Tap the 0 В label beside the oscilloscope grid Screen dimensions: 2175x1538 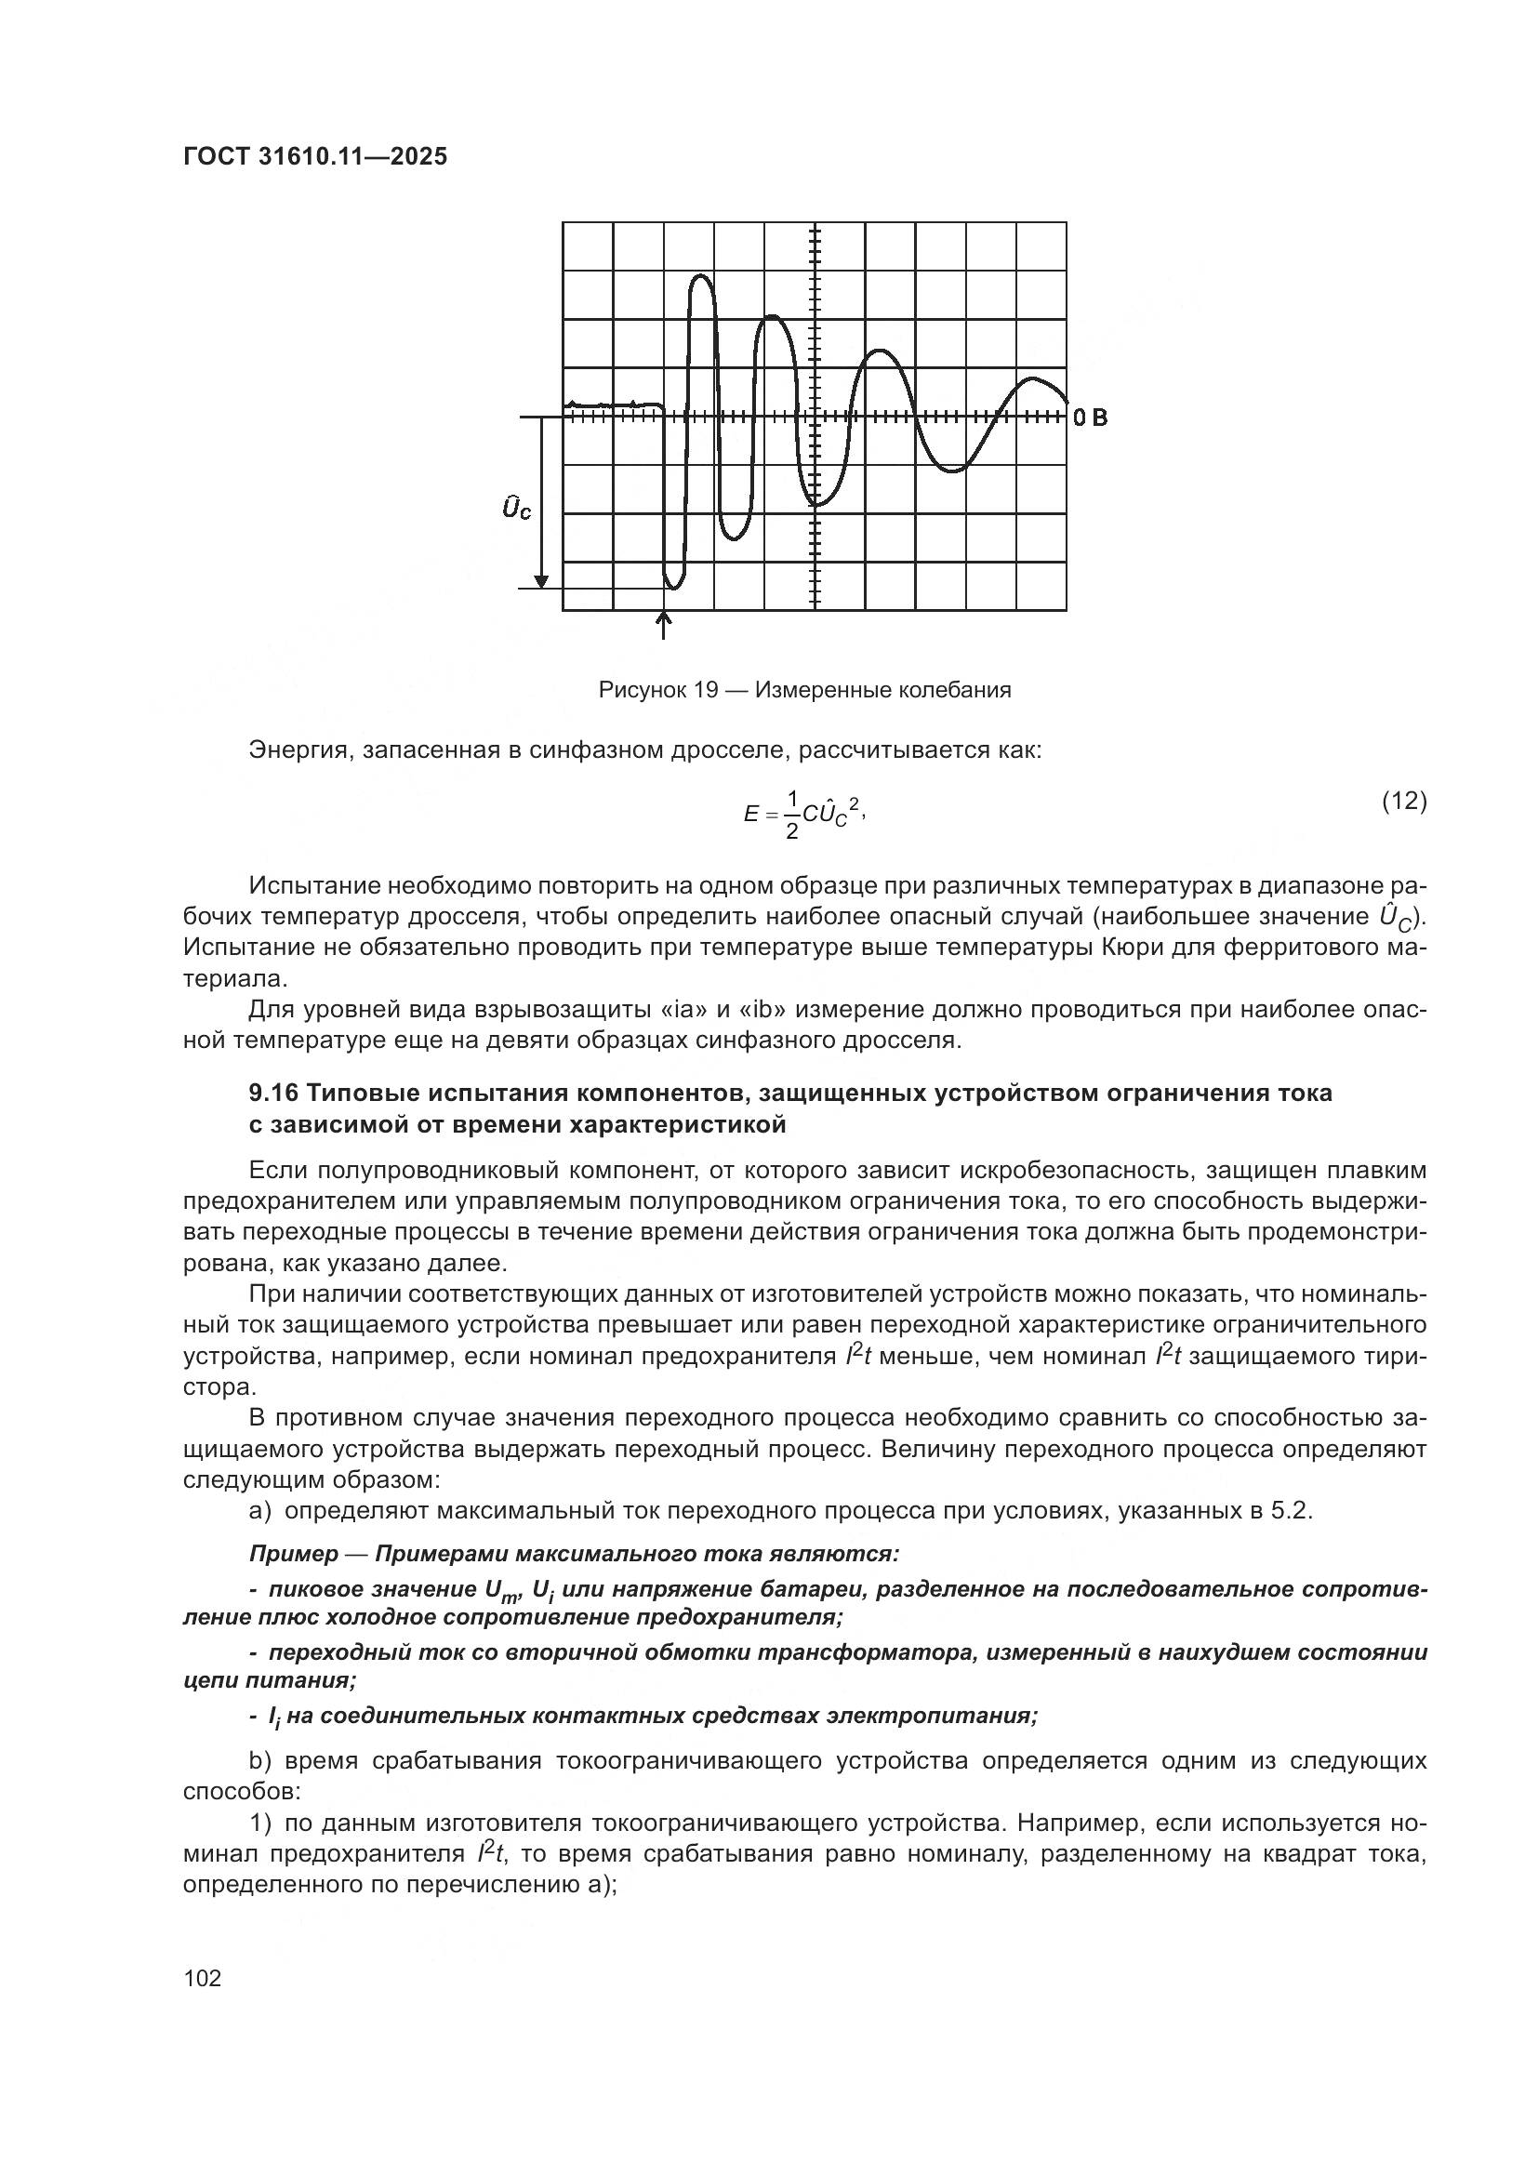[x=1090, y=418]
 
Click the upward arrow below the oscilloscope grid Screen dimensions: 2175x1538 [x=663, y=624]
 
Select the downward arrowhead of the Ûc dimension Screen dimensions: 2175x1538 [x=541, y=579]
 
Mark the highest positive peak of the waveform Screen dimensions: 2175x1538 [x=702, y=276]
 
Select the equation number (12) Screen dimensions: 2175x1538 [x=1403, y=802]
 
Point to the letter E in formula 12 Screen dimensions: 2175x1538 [x=751, y=814]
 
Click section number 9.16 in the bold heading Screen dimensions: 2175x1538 [x=273, y=1093]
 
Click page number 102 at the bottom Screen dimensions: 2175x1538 [x=203, y=1978]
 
